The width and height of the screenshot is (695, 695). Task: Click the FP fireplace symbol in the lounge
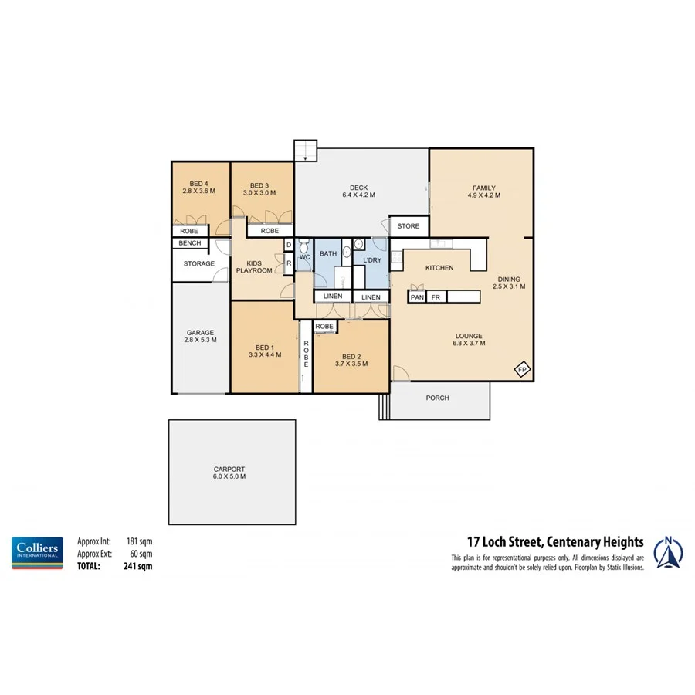coord(520,369)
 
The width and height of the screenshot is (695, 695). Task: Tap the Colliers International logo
coord(37,553)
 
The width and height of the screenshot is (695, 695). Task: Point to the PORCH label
coord(437,398)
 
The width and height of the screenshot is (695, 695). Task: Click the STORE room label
coord(409,226)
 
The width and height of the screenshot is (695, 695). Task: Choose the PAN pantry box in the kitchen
coord(417,297)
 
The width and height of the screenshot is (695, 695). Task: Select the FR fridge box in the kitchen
coord(436,297)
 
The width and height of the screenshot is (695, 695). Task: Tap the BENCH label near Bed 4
coord(189,243)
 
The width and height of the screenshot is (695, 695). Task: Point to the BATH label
coord(328,253)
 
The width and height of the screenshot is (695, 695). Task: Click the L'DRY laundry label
coord(372,260)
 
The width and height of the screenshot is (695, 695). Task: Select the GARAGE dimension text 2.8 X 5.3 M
coord(199,340)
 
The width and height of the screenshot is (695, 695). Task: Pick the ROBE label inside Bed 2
coord(325,327)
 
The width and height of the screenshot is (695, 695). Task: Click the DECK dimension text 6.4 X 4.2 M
coord(358,195)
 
